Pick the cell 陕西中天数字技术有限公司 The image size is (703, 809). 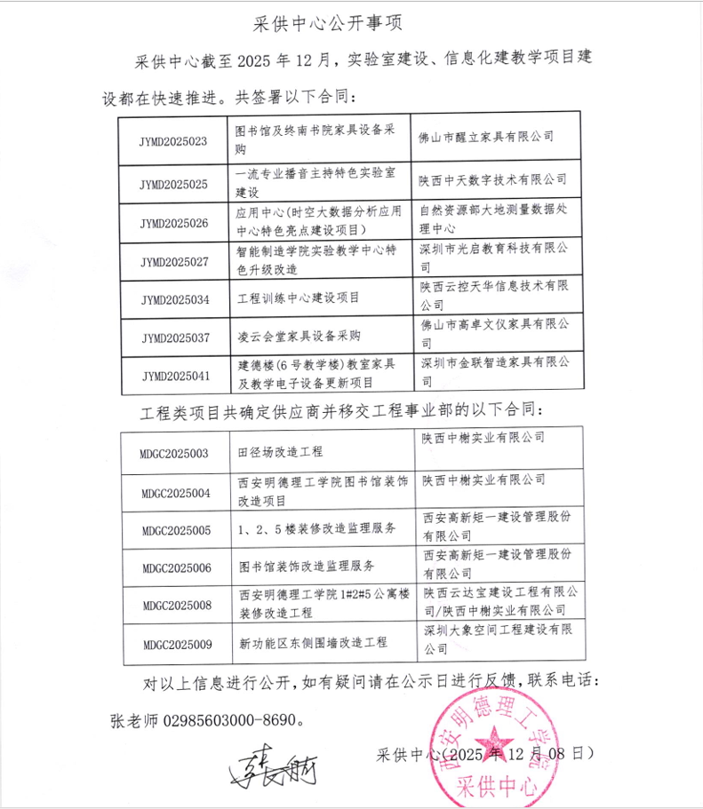[x=493, y=178]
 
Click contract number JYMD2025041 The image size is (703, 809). [x=175, y=376]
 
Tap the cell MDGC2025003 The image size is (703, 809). [x=173, y=453]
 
